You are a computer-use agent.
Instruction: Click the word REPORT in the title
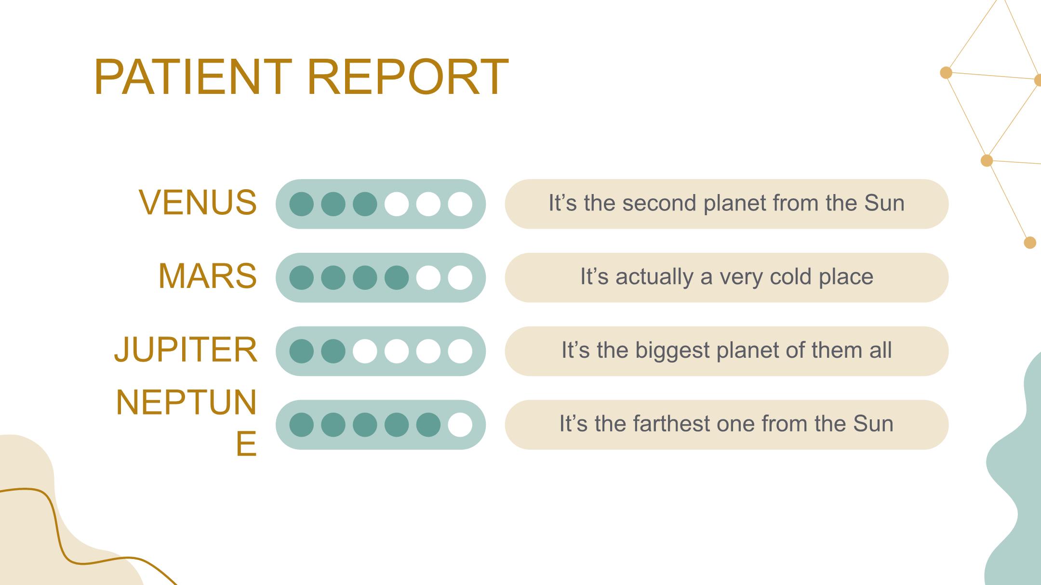coord(408,77)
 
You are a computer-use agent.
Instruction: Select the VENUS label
coord(198,202)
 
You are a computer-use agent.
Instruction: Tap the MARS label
coord(207,276)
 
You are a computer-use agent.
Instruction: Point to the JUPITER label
coord(186,350)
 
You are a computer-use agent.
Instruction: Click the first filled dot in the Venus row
coord(302,204)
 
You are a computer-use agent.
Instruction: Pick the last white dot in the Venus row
coord(460,204)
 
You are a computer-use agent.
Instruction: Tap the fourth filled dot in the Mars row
coord(397,278)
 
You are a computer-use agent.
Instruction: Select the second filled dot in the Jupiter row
coord(333,351)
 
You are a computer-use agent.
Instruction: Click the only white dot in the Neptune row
coord(460,425)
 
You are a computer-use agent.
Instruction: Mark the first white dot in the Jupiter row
coord(365,351)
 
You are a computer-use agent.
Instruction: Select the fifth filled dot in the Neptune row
coord(428,425)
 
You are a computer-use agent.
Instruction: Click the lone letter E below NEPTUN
coord(246,443)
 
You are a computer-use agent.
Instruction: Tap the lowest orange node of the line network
coord(1030,243)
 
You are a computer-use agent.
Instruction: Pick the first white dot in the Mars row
coord(428,278)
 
